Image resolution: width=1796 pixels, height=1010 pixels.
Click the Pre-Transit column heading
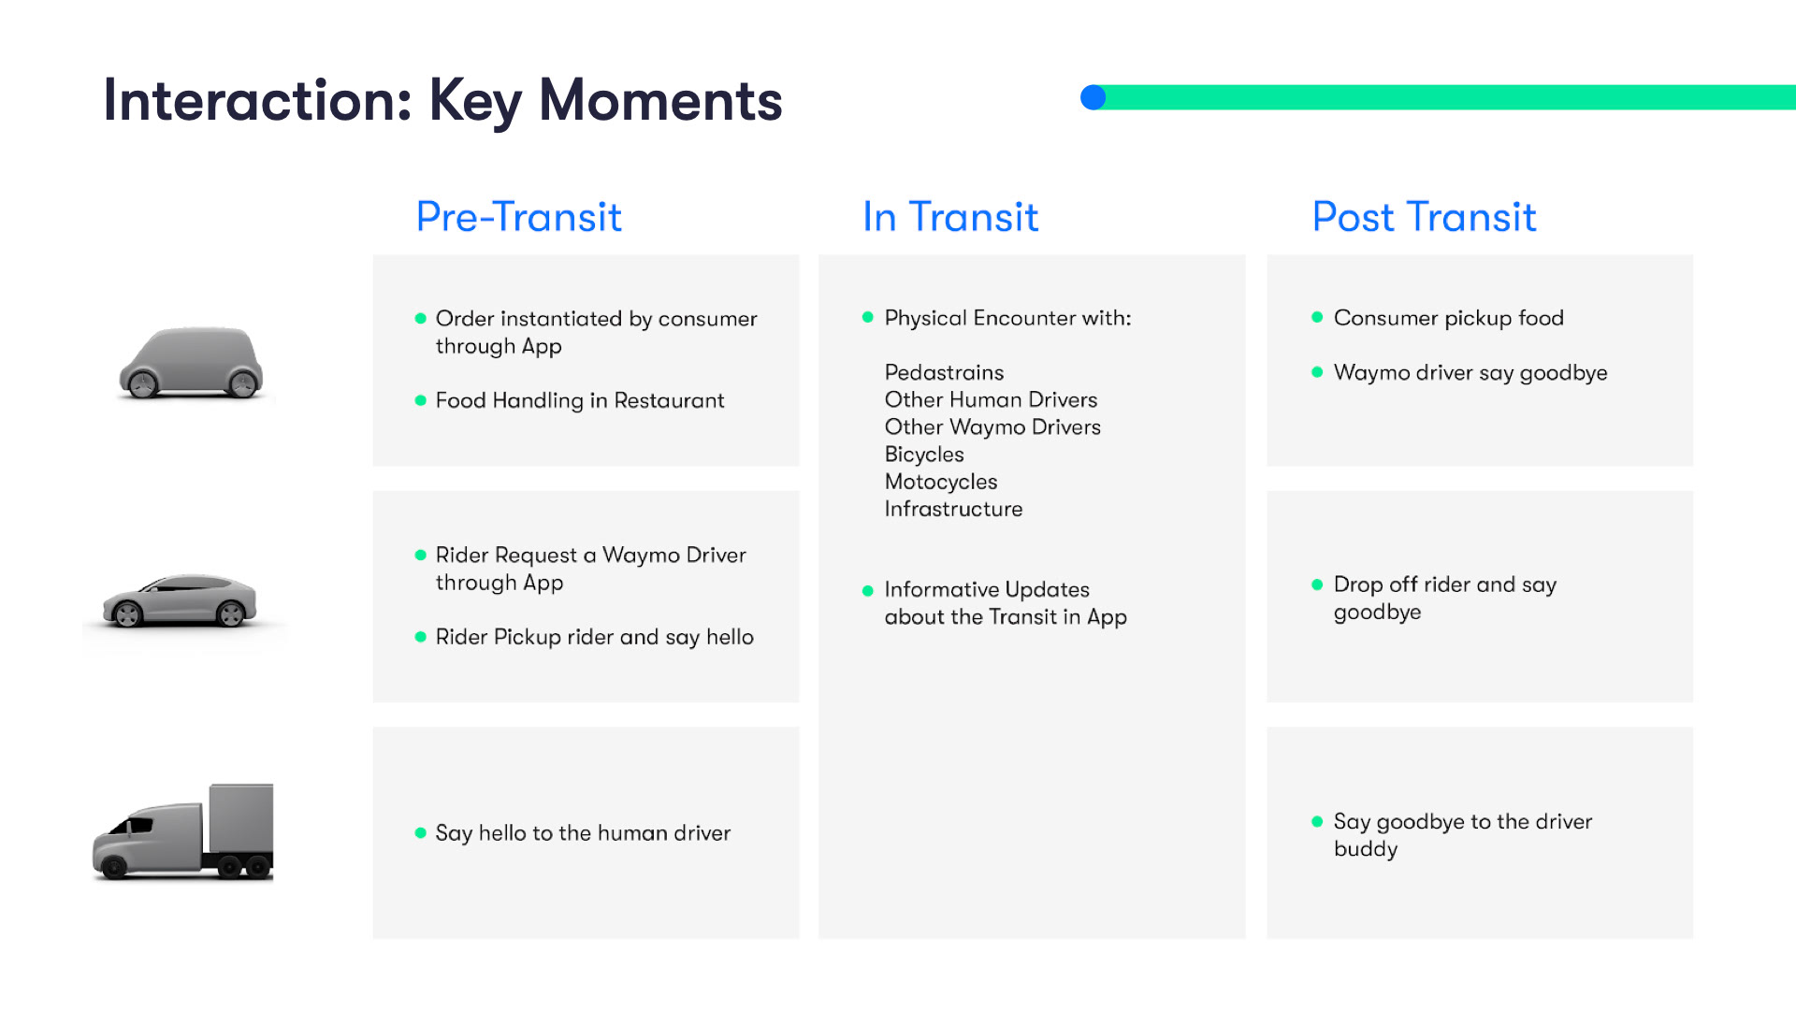518,217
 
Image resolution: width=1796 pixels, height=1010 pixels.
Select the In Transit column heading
950,217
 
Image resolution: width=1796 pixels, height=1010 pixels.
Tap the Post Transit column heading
1424,217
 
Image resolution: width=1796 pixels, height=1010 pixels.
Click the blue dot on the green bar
1093,97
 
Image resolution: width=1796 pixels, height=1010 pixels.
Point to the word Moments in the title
660,100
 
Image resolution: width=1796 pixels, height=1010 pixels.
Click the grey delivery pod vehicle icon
192,363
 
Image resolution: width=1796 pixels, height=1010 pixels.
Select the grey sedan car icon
180,600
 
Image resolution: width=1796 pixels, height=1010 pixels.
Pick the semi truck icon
183,832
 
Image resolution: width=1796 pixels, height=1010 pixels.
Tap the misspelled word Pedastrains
944,372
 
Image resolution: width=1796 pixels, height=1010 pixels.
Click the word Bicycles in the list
924,454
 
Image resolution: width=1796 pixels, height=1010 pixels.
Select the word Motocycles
941,482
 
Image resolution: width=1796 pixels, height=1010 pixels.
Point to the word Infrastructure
953,509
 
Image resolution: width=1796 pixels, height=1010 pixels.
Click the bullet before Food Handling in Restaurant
421,400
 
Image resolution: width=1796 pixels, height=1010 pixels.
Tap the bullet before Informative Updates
868,590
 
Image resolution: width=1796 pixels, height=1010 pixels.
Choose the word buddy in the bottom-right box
1366,849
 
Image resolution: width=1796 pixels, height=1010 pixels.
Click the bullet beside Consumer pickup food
1317,317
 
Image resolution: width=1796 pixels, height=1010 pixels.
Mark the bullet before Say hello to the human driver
421,832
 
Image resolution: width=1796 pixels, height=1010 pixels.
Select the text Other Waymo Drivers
992,427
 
